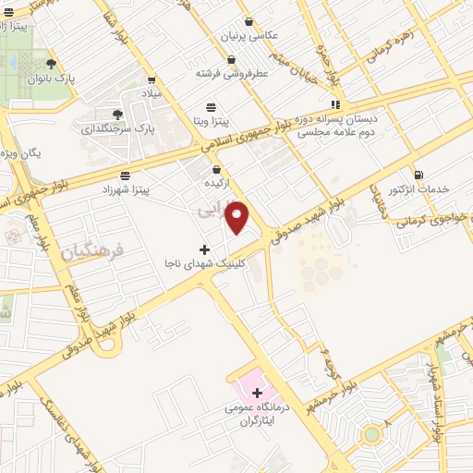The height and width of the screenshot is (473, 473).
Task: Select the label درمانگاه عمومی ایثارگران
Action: (255, 413)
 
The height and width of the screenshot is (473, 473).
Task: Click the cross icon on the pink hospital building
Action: (257, 393)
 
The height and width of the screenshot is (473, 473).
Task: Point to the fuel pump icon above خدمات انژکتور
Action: (419, 174)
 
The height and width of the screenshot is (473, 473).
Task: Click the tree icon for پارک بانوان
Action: (51, 64)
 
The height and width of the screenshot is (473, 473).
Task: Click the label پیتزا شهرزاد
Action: (126, 188)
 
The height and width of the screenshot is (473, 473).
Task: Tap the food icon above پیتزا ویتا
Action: (212, 106)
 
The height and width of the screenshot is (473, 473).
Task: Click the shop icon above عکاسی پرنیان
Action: (249, 21)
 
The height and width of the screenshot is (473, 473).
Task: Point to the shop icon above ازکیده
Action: (216, 169)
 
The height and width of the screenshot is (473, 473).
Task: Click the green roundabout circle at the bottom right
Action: (371, 434)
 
